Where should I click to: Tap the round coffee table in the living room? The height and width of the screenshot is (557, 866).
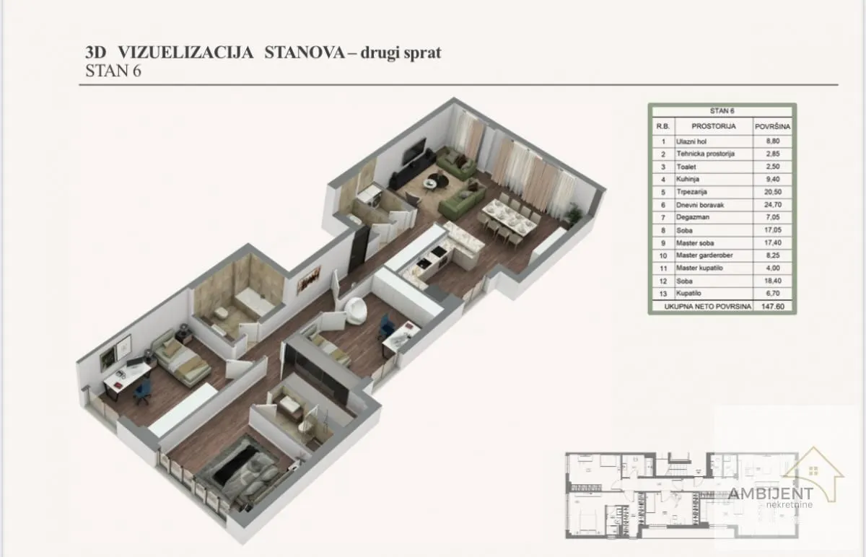(431, 184)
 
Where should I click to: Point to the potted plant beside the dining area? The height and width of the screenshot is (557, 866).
(574, 214)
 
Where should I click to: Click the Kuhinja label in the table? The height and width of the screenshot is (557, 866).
(687, 180)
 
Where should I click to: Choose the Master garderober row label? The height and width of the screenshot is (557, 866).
(704, 255)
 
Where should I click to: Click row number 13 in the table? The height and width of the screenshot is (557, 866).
(662, 293)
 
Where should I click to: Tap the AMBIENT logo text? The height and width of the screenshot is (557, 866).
(770, 494)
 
